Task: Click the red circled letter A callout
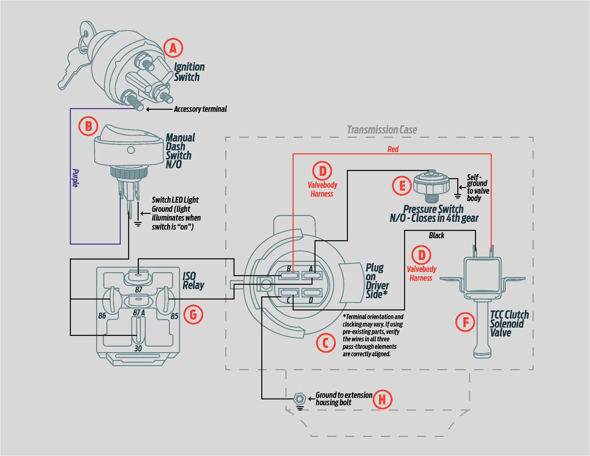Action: click(x=173, y=48)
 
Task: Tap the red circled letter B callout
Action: click(x=88, y=126)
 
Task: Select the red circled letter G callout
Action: click(x=193, y=314)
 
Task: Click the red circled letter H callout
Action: click(x=382, y=399)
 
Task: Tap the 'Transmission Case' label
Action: click(x=382, y=130)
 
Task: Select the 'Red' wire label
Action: click(x=393, y=149)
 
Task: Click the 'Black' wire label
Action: click(x=436, y=236)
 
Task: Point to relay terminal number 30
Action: click(x=138, y=348)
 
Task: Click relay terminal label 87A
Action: click(x=139, y=313)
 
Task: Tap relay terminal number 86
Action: click(x=102, y=316)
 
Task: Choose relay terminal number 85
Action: click(x=174, y=316)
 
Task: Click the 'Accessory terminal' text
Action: click(x=200, y=109)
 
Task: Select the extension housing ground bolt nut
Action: click(x=300, y=399)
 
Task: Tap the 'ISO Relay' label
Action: click(x=193, y=281)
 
